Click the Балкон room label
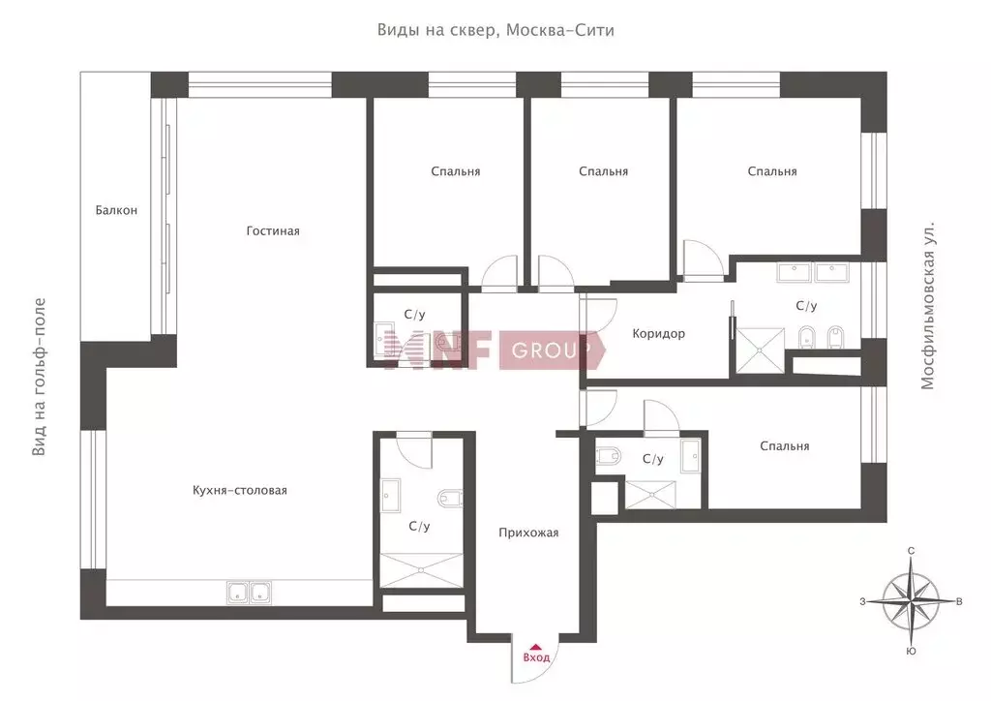[116, 210]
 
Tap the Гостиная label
[273, 230]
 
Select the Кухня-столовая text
[240, 490]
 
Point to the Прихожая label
[528, 533]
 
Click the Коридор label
[658, 333]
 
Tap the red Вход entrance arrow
[535, 647]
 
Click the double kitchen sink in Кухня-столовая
[250, 593]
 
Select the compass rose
[910, 600]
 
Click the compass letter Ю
[911, 651]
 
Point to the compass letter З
[862, 602]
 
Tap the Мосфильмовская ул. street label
[927, 305]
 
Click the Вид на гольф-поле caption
[39, 377]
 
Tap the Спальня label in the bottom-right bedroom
[784, 445]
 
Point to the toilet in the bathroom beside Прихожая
[449, 498]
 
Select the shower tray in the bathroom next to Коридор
[761, 350]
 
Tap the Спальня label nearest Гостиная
[456, 171]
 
